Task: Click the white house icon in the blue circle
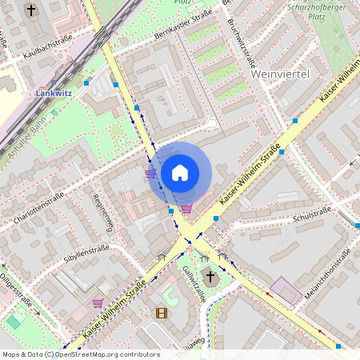[x=180, y=173]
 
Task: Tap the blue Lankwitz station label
[x=53, y=93]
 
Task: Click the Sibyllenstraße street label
[x=86, y=254]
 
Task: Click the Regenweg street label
[x=104, y=212]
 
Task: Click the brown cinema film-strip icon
[x=162, y=313]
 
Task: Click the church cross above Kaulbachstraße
[x=31, y=10]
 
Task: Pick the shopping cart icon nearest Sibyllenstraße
[x=98, y=303]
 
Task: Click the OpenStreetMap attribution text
[x=80, y=354]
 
